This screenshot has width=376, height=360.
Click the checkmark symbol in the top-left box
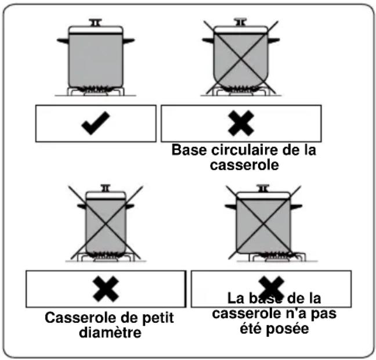pyautogui.click(x=95, y=124)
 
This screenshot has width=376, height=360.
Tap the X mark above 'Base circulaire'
pyautogui.click(x=240, y=123)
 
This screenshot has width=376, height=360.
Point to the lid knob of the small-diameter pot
pyautogui.click(x=105, y=188)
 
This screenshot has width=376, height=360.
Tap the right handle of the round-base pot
pyautogui.click(x=273, y=41)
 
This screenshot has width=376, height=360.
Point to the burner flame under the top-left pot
pyautogui.click(x=96, y=89)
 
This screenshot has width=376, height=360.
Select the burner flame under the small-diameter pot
pyautogui.click(x=105, y=254)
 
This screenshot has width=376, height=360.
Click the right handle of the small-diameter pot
pyautogui.click(x=130, y=206)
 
